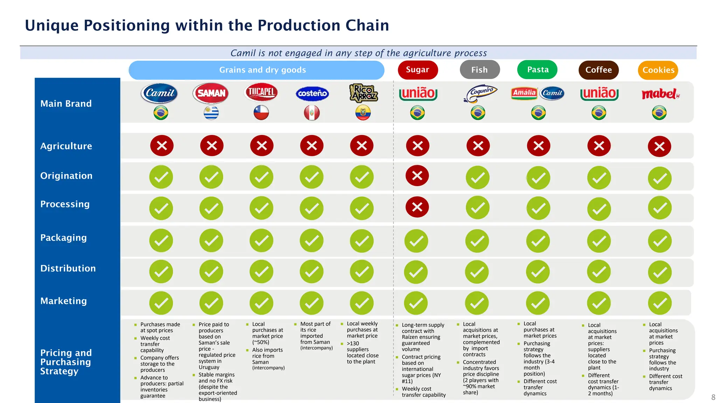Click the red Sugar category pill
coord(417,70)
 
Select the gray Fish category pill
coord(479,70)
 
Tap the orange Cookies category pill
coord(658,70)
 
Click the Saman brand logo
coord(211,93)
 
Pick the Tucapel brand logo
coord(261,92)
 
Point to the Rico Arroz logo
coord(363,93)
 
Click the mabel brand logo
coord(660,94)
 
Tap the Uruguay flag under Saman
coord(211,113)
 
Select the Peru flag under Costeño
coord(312,113)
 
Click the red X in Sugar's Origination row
coord(417,176)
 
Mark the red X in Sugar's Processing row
coord(417,207)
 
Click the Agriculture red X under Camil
coord(162,146)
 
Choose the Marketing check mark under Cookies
coord(660,303)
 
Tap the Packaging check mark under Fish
coord(477,241)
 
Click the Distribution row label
coord(68,268)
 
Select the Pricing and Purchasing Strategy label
coord(66,362)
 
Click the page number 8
coord(713,397)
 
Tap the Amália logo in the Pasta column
coord(524,93)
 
